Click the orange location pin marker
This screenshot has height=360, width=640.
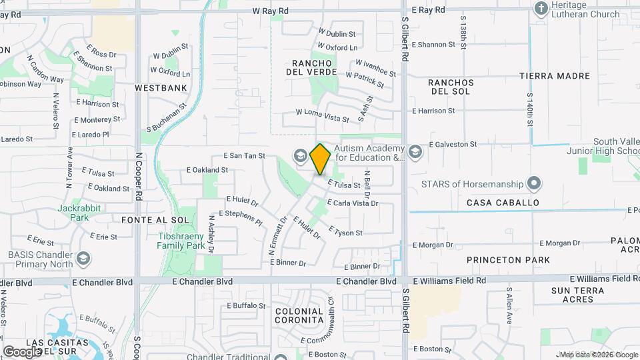pos(320,159)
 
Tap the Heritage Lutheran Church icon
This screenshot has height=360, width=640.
pos(541,9)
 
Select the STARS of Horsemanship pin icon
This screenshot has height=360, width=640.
pos(533,183)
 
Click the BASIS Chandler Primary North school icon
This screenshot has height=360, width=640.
pos(84,257)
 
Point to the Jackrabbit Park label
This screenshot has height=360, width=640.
pos(73,213)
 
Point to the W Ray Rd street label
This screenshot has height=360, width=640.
pos(270,11)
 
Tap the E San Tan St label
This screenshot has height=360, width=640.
pos(244,156)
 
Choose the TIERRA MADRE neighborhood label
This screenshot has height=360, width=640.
pos(555,76)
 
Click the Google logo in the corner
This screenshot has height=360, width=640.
pos(22,351)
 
